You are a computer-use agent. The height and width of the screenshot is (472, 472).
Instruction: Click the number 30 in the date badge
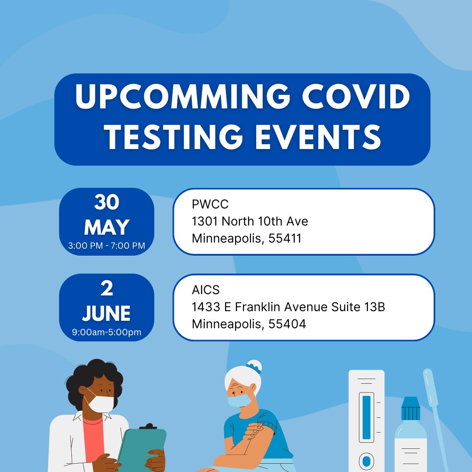[x=107, y=203]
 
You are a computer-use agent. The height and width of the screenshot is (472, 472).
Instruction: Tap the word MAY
[x=107, y=228]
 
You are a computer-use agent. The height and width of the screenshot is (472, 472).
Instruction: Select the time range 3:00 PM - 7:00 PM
[x=107, y=246]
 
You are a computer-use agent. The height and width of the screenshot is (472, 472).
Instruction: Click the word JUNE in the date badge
[x=107, y=313]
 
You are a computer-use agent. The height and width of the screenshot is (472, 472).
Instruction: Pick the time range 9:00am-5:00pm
[x=107, y=332]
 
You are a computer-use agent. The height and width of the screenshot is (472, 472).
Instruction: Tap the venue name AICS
[x=205, y=290]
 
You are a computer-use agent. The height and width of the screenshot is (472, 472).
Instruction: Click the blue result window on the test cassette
[x=366, y=417]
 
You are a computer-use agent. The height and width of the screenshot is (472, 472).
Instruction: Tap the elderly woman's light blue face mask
[x=239, y=400]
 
